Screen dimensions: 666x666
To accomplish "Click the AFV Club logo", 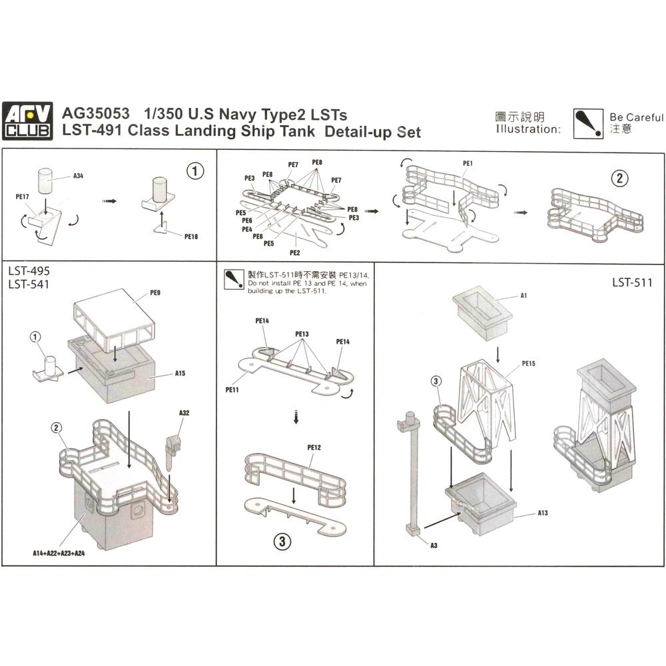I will [27, 122].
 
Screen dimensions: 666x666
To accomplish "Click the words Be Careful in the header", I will [636, 117].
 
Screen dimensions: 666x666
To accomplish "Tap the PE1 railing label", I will [467, 163].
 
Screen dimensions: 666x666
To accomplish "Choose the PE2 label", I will [295, 253].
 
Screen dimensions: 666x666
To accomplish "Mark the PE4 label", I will [247, 228].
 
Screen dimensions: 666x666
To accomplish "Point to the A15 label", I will [180, 374].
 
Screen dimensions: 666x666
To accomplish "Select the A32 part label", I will [184, 413].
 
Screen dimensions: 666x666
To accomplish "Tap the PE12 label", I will [314, 448].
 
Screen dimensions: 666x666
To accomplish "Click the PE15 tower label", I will [529, 364].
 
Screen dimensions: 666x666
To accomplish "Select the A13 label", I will [543, 513].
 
